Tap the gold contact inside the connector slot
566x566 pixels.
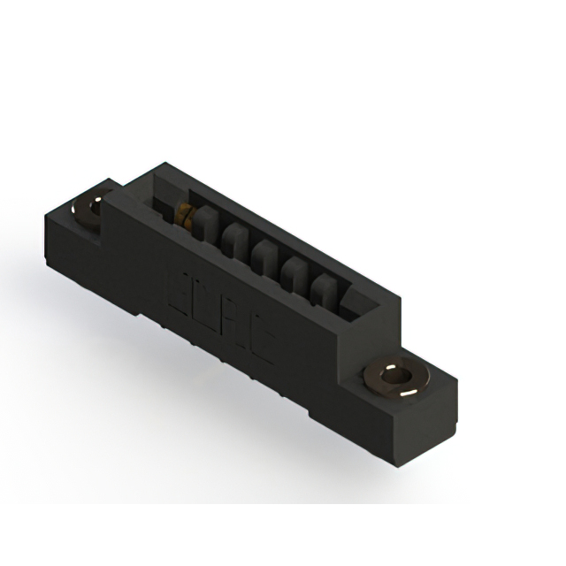(186, 212)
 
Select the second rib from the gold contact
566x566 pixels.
(235, 241)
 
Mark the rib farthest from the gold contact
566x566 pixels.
(322, 290)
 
